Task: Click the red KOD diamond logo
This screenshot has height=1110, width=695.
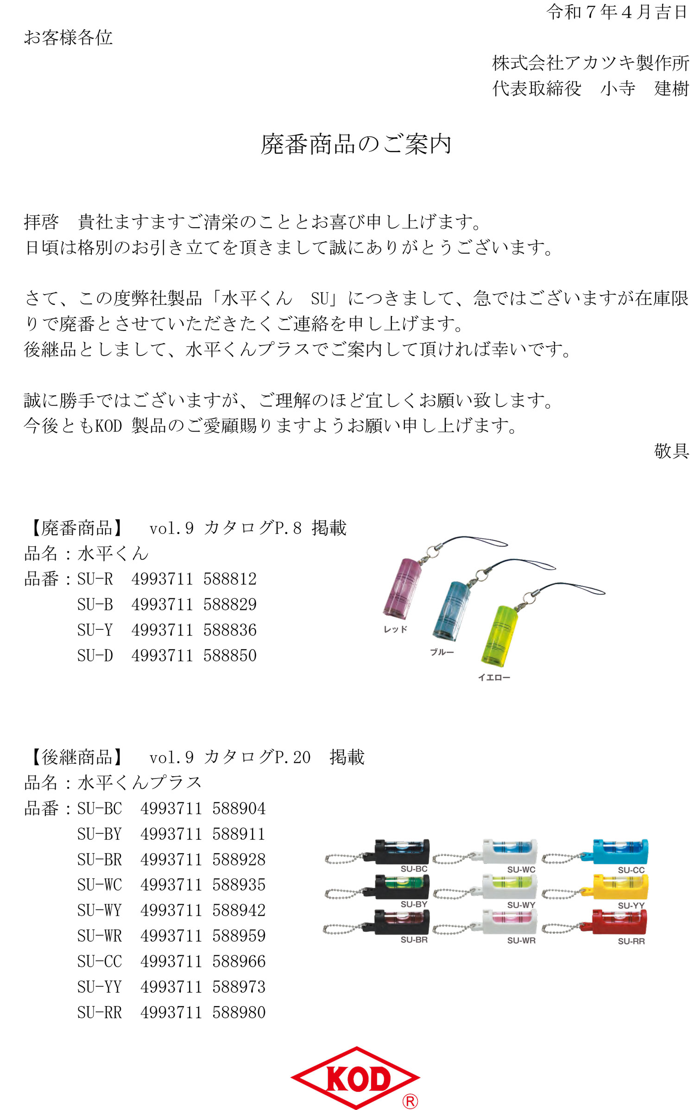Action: tap(355, 1077)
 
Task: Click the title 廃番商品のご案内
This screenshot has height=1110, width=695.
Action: tap(356, 144)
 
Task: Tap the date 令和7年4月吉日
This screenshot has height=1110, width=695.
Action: tap(617, 12)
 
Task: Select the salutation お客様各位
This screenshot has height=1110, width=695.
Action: tap(68, 38)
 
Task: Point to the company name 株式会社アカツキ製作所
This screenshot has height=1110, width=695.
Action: tap(591, 63)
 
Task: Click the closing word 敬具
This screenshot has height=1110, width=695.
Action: tap(671, 450)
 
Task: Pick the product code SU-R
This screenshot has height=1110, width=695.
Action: tap(95, 579)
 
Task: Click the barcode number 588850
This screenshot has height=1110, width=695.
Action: tap(230, 655)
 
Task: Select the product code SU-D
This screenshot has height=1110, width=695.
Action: tap(95, 655)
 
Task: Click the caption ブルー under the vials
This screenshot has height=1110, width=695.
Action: tap(442, 652)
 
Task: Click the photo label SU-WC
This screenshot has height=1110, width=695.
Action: tap(521, 869)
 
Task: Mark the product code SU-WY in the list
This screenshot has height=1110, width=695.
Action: tap(100, 910)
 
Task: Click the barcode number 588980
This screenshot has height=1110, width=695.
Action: tap(239, 1012)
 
